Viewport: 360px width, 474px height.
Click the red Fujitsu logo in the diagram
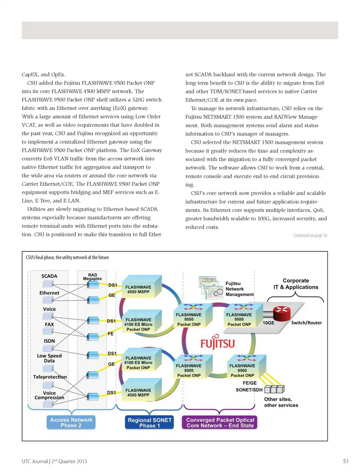tap(217, 342)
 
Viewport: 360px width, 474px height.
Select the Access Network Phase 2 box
tap(71, 422)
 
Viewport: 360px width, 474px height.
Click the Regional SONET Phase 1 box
tap(150, 422)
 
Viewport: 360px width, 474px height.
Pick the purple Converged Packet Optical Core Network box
tap(220, 422)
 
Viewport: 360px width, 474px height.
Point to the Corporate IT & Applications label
tap(295, 284)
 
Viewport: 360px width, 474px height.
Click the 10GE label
tap(268, 323)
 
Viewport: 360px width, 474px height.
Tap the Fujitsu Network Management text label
tap(239, 289)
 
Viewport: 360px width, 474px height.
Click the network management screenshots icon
tap(210, 287)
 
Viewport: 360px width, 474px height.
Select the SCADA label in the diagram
tap(49, 276)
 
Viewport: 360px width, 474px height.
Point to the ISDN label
tap(49, 341)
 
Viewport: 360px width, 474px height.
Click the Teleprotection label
tap(50, 377)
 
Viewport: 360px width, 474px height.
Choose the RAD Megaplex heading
tap(92, 277)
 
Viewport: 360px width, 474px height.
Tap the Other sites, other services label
tap(281, 402)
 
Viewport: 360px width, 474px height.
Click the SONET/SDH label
tap(249, 390)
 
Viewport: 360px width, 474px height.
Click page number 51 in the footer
tap(346, 461)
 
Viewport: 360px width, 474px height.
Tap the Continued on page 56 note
tap(310, 235)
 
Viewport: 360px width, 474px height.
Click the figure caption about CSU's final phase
tap(67, 257)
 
